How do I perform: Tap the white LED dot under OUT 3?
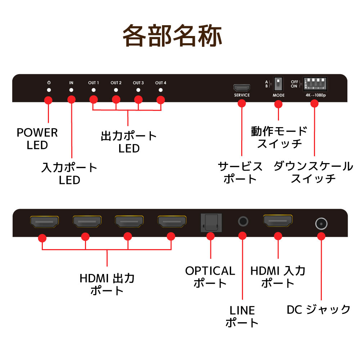tap(138, 90)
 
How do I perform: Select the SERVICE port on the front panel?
tap(242, 88)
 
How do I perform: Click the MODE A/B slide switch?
tap(278, 85)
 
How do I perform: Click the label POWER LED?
tap(37, 139)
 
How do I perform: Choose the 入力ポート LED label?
tap(69, 173)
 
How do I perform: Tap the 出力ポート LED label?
tap(129, 142)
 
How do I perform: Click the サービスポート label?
tap(240, 172)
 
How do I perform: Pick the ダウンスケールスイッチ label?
tap(313, 172)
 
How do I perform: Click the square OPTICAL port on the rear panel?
tap(211, 222)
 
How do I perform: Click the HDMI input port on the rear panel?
tap(278, 221)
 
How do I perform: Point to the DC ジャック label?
tap(318, 309)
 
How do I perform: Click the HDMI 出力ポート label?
tap(107, 284)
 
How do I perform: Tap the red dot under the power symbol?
tap(48, 101)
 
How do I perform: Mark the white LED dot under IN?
tap(71, 90)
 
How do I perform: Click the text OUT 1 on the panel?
tap(93, 83)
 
